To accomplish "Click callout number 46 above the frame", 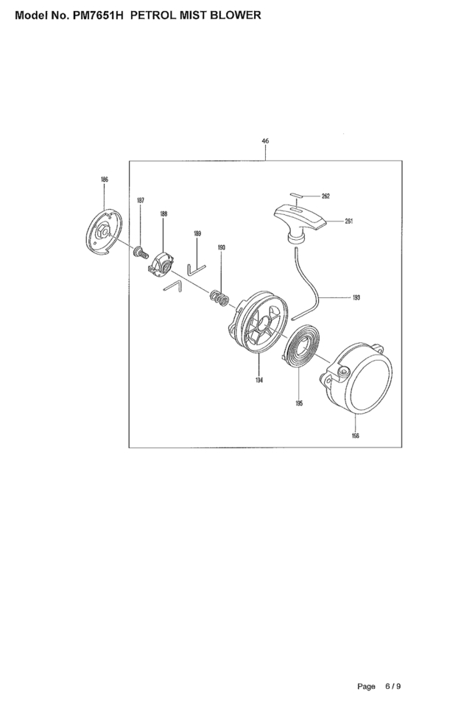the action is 265,141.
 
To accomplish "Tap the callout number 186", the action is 105,180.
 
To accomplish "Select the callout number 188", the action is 164,213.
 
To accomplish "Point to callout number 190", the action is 222,247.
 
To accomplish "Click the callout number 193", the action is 356,297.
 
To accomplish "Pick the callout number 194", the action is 259,380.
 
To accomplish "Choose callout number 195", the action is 299,403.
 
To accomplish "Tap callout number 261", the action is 349,222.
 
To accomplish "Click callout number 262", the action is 326,196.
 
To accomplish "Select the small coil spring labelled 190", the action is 219,298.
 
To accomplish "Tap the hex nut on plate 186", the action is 101,231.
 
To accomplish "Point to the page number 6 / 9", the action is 393,687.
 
